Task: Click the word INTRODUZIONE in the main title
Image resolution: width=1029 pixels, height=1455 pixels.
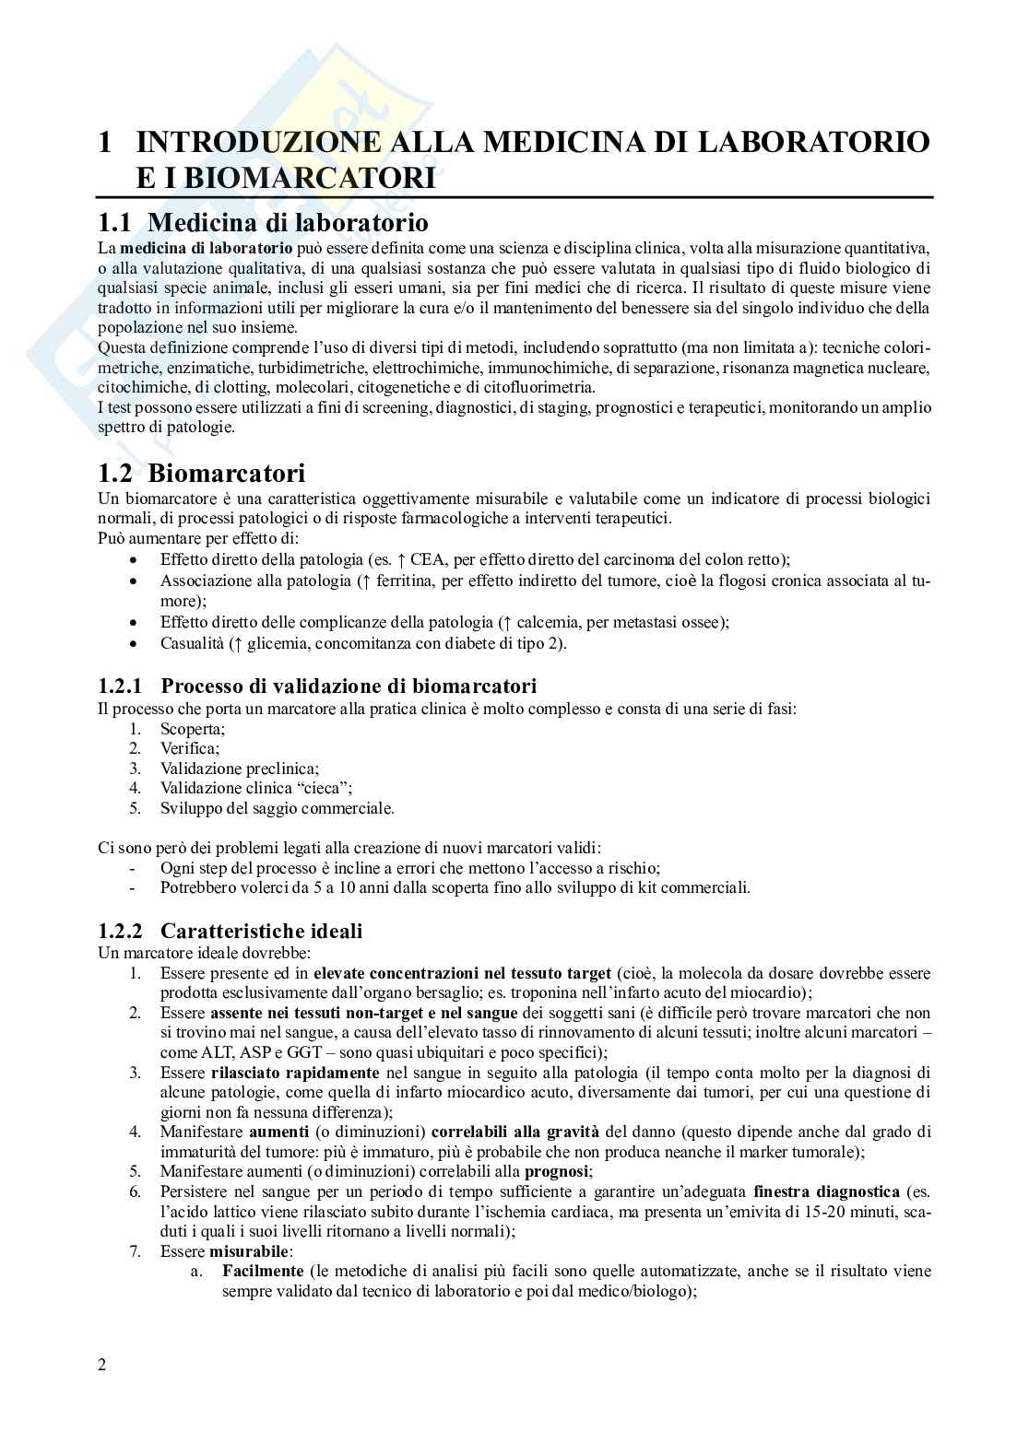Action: coord(258,143)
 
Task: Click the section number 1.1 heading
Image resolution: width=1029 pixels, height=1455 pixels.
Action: coord(118,223)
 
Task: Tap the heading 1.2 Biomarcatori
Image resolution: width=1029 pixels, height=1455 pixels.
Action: coord(201,474)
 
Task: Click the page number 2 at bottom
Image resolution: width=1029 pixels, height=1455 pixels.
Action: coord(102,1390)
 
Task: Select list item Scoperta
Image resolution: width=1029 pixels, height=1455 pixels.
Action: coord(192,729)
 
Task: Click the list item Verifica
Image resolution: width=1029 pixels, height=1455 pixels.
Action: coord(189,749)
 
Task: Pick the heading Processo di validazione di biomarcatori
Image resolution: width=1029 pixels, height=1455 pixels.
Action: coord(349,686)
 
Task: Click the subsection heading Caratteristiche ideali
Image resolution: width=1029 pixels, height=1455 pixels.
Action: coord(261,932)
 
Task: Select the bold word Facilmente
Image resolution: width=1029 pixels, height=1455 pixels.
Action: coord(263,1272)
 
